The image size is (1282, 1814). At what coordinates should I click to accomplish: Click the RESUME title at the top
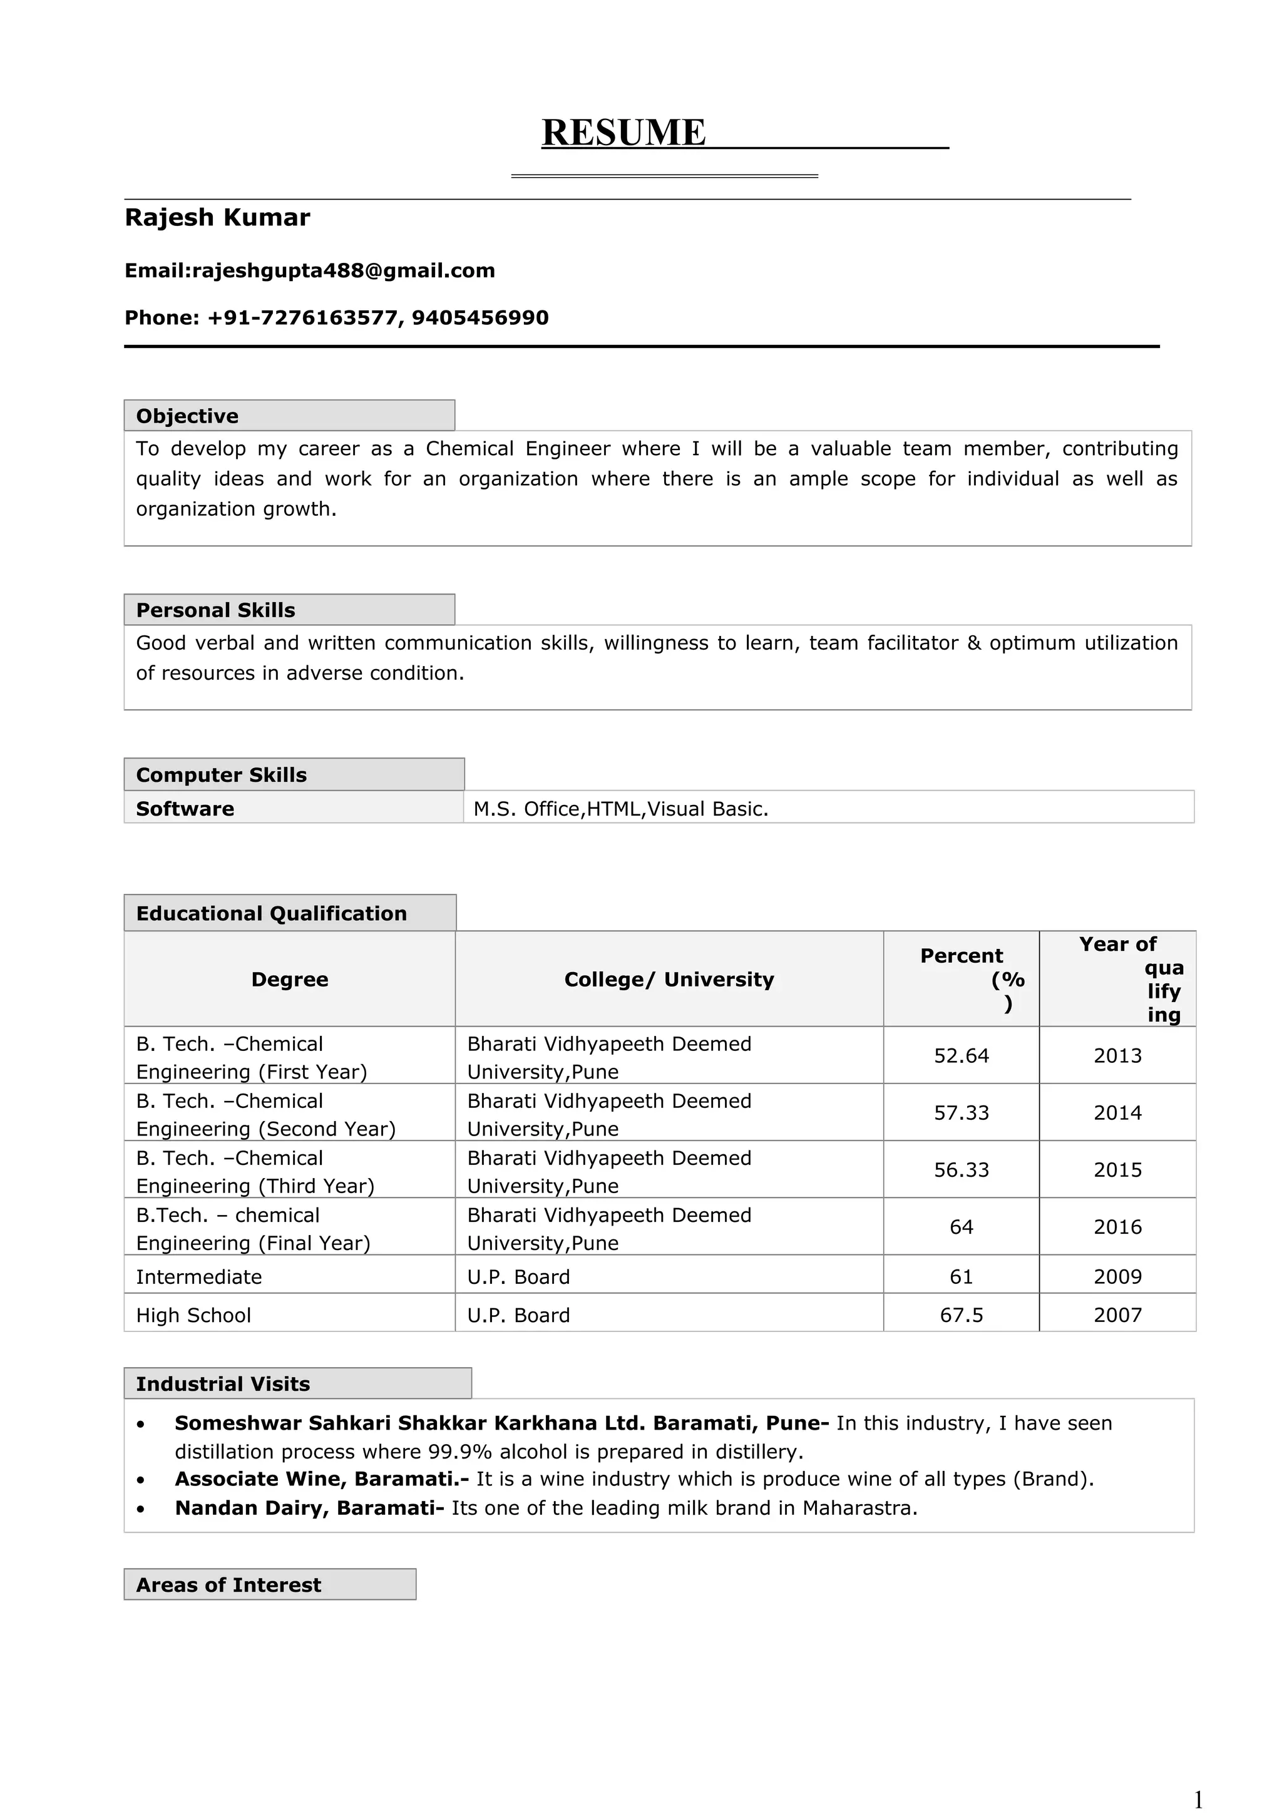pyautogui.click(x=623, y=132)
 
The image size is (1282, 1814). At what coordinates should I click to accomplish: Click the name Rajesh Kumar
pyautogui.click(x=217, y=217)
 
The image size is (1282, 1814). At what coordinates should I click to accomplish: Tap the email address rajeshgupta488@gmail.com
pyautogui.click(x=344, y=271)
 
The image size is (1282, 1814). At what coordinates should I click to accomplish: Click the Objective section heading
pyautogui.click(x=187, y=416)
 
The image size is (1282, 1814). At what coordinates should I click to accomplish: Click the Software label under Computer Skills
pyautogui.click(x=185, y=809)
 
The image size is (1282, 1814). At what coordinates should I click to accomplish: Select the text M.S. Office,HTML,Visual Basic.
pyautogui.click(x=620, y=809)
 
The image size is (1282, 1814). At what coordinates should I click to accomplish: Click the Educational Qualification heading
pyautogui.click(x=271, y=913)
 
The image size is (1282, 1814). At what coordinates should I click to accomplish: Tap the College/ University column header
pyautogui.click(x=669, y=980)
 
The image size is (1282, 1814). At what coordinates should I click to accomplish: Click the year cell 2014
pyautogui.click(x=1117, y=1113)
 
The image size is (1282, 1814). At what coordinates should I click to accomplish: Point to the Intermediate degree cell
pyautogui.click(x=198, y=1278)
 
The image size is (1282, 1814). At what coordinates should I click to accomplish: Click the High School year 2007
pyautogui.click(x=1117, y=1316)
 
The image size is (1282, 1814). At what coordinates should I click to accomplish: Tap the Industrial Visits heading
pyautogui.click(x=223, y=1384)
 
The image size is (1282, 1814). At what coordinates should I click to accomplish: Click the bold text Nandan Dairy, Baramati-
pyautogui.click(x=309, y=1509)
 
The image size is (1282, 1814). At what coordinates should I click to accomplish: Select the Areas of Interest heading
pyautogui.click(x=228, y=1585)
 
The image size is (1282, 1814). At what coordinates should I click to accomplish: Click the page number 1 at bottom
pyautogui.click(x=1197, y=1800)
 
